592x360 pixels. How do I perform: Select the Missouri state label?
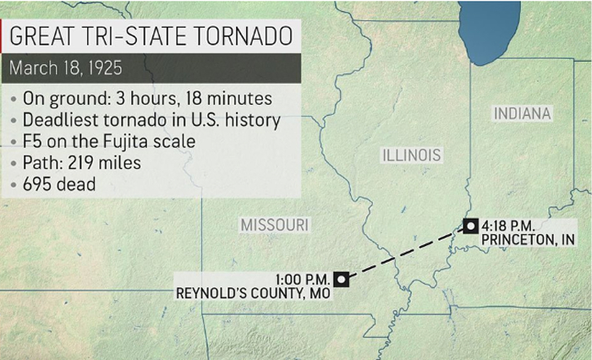pyautogui.click(x=274, y=225)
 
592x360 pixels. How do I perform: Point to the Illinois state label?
pyautogui.click(x=412, y=155)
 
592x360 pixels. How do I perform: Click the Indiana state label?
pyautogui.click(x=523, y=113)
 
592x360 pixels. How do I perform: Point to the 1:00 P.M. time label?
pyautogui.click(x=302, y=278)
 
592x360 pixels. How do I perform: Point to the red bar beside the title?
pyautogui.click(x=3, y=37)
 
